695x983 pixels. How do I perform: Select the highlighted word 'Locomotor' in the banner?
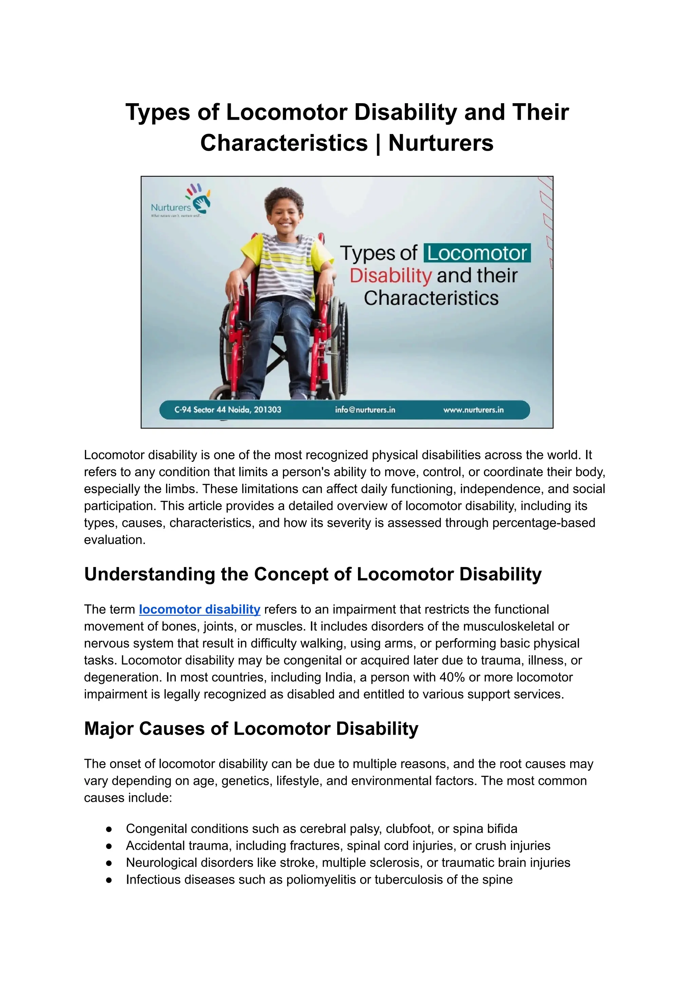coord(477,253)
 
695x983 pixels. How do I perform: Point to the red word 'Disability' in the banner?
coord(391,276)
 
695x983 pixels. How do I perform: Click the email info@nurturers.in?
coord(365,410)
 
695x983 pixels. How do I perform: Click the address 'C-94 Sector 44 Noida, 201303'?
coord(227,410)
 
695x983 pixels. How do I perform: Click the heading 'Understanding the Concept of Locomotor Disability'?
coord(313,574)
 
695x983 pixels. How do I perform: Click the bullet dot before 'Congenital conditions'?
coord(109,829)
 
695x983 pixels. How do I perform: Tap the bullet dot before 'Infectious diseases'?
coord(109,880)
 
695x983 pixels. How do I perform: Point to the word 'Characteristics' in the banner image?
coord(431,298)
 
